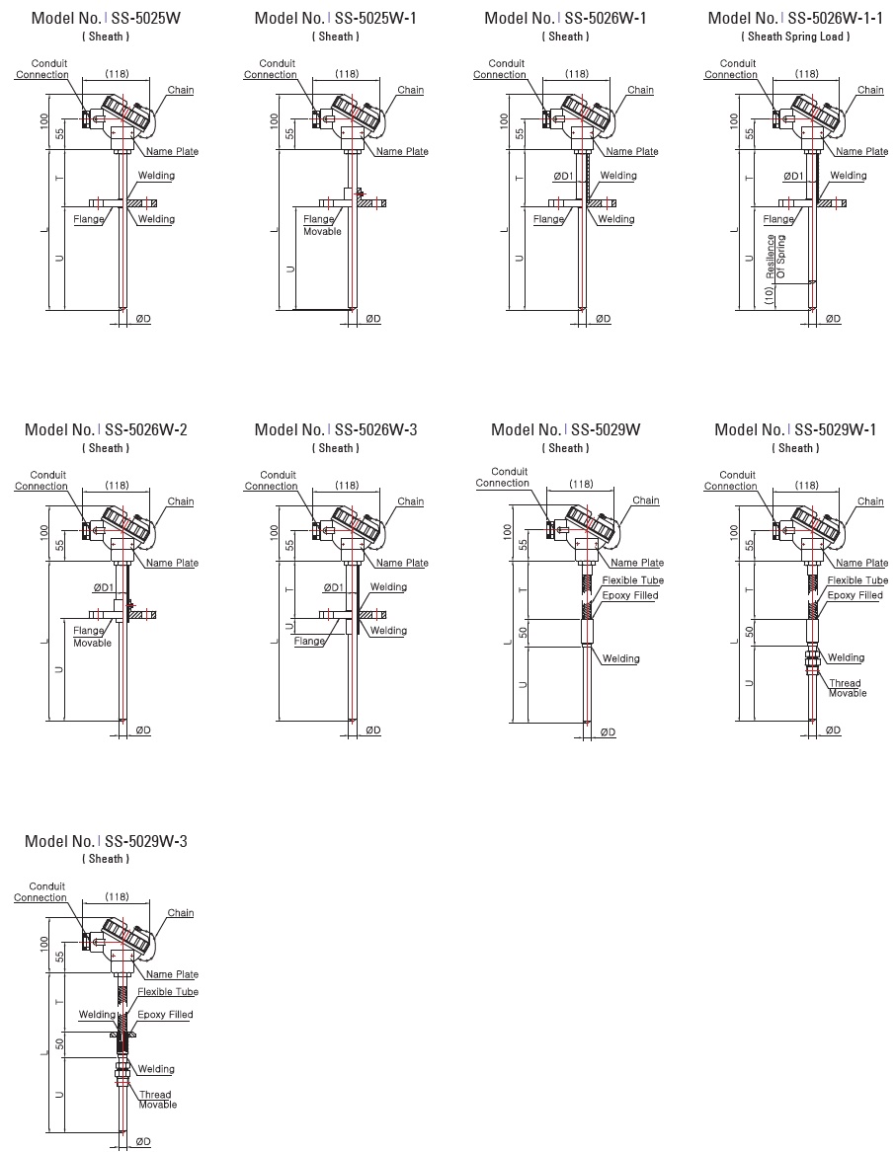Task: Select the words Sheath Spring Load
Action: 795,37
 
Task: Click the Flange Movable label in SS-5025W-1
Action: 321,225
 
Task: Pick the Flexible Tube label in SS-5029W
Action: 632,580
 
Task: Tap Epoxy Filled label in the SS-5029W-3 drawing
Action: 165,1014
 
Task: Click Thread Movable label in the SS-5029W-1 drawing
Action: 847,688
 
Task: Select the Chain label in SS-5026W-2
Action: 181,501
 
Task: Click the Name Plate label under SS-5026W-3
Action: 402,563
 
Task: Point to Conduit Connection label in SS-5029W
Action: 503,478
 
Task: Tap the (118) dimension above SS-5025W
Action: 118,73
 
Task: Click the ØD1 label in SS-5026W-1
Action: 562,176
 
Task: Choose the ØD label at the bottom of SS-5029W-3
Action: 143,1141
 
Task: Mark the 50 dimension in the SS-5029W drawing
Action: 523,630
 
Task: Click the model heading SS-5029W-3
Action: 106,841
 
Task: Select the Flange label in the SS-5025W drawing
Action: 89,219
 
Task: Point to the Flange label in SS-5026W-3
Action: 309,641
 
